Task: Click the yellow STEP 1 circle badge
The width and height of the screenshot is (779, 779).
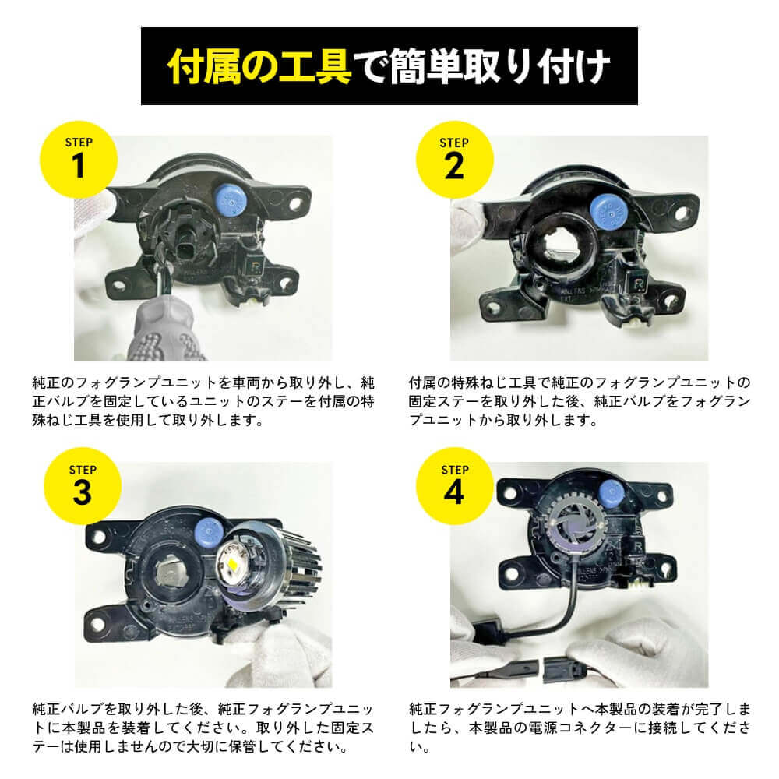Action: point(78,160)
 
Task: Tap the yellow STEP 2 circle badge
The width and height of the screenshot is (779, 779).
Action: point(453,160)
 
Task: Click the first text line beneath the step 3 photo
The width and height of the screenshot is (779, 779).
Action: point(206,709)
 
